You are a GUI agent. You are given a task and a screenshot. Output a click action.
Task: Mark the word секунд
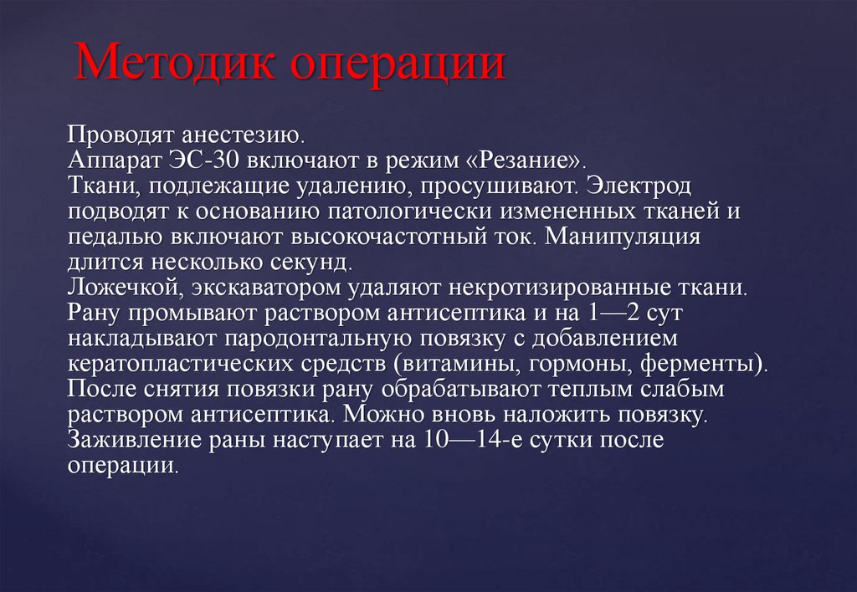coord(307,263)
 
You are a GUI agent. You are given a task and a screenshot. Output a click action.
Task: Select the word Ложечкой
coord(121,288)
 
